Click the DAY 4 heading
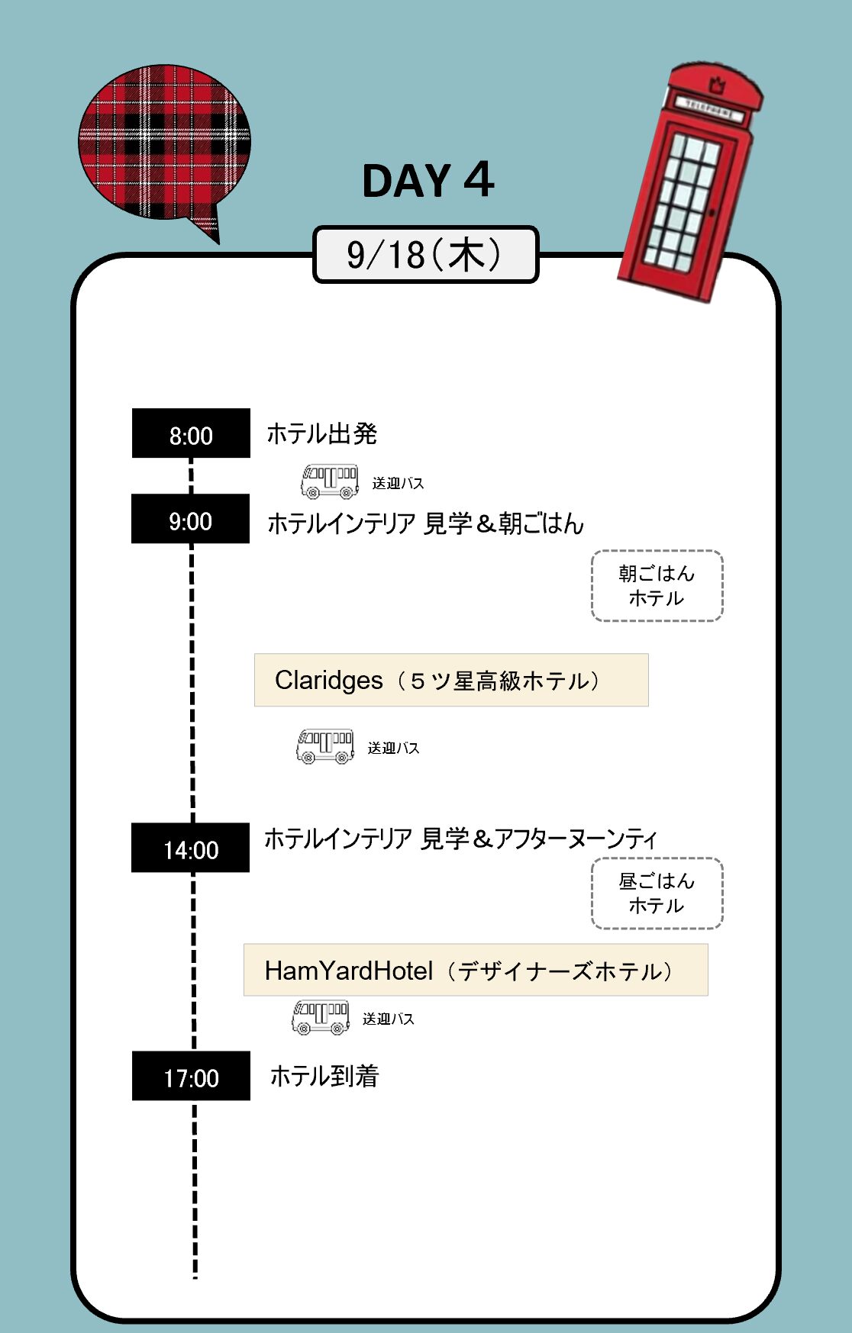pyautogui.click(x=428, y=181)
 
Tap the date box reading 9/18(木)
pyautogui.click(x=425, y=254)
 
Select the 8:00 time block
pyautogui.click(x=191, y=433)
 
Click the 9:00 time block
pyautogui.click(x=191, y=519)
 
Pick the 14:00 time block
pyautogui.click(x=191, y=848)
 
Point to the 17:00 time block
pyautogui.click(x=191, y=1076)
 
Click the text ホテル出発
pyautogui.click(x=321, y=433)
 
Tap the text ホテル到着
pyautogui.click(x=324, y=1076)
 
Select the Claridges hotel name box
pyautogui.click(x=451, y=680)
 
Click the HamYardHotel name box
pyautogui.click(x=476, y=970)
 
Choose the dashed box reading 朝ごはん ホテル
pyautogui.click(x=657, y=586)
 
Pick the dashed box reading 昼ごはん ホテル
pyautogui.click(x=657, y=893)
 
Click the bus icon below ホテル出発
pyautogui.click(x=330, y=481)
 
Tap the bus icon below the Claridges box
pyautogui.click(x=325, y=746)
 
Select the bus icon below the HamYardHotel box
pyautogui.click(x=321, y=1017)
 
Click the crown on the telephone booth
pyautogui.click(x=716, y=84)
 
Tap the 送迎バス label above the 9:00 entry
pyautogui.click(x=398, y=483)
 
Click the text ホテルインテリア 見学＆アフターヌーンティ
pyautogui.click(x=460, y=839)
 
